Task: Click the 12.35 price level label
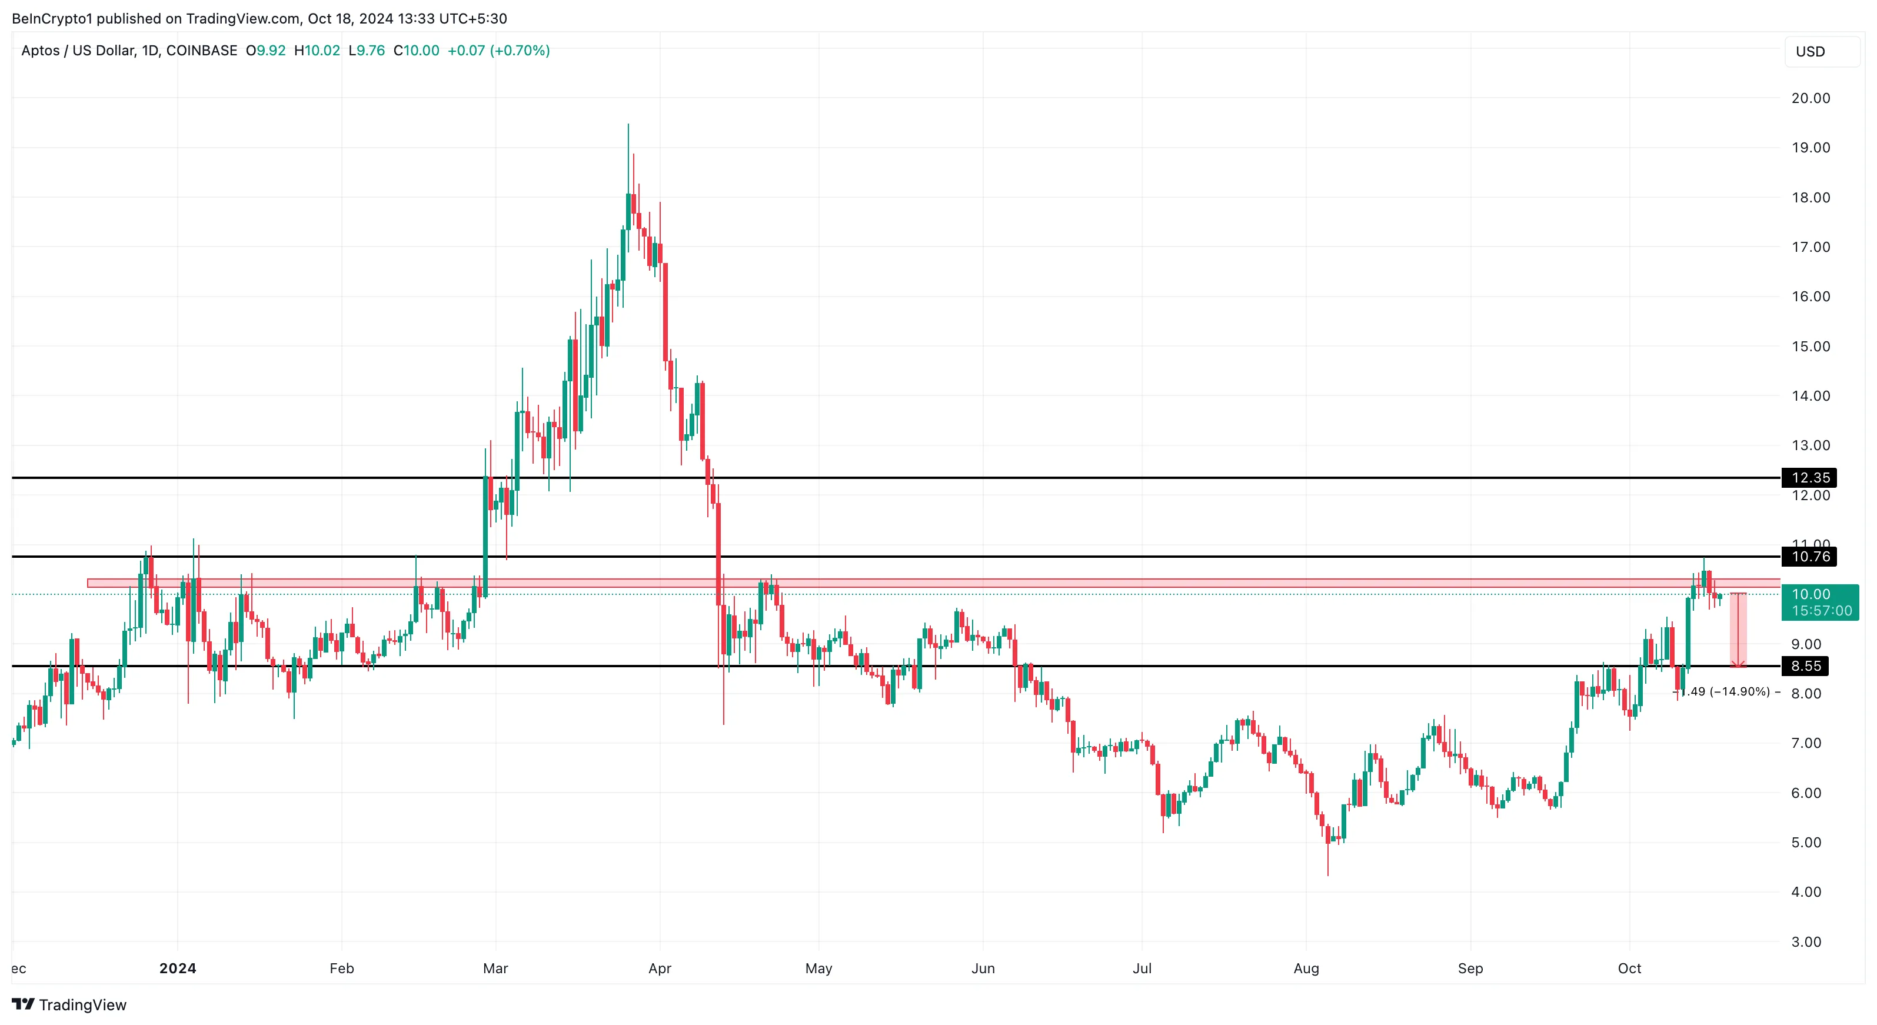(1809, 478)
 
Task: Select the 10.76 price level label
(1809, 557)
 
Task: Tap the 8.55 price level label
(1806, 666)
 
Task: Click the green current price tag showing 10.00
(1819, 603)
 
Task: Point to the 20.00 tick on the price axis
(1810, 98)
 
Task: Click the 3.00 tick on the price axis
(1806, 941)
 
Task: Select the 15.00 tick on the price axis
(1810, 346)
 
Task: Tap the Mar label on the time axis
(495, 968)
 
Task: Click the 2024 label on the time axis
(178, 968)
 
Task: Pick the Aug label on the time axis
(1306, 968)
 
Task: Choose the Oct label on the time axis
(1629, 968)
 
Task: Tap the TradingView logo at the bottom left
(69, 1004)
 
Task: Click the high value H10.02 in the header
(317, 50)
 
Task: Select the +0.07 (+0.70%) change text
(498, 50)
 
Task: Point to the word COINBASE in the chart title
(202, 50)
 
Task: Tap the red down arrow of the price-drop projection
(1738, 661)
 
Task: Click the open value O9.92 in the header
(266, 50)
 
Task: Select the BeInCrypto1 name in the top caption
(52, 18)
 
